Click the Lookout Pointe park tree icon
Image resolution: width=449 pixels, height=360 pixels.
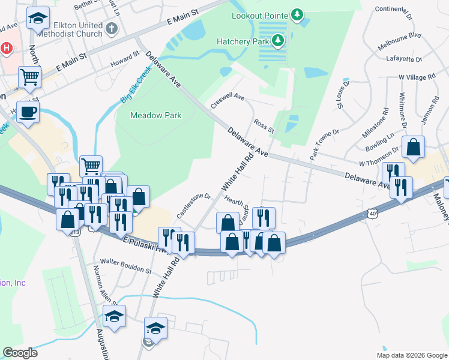tap(296, 14)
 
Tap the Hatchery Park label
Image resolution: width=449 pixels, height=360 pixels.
tap(243, 41)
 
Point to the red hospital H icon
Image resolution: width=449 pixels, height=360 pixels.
tap(7, 48)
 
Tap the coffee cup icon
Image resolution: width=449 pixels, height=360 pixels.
tap(28, 111)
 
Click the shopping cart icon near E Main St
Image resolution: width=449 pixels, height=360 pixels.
tap(29, 76)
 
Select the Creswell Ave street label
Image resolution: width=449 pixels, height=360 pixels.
tap(228, 100)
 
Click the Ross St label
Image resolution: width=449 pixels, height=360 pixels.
tap(264, 126)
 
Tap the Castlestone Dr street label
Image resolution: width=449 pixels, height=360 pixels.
tap(194, 205)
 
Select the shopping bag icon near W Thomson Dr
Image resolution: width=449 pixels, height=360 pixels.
tap(414, 146)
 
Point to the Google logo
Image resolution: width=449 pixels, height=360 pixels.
tap(20, 353)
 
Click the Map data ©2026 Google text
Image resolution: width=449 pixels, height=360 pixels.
tap(412, 355)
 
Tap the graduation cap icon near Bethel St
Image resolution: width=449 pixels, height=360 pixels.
tap(38, 18)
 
